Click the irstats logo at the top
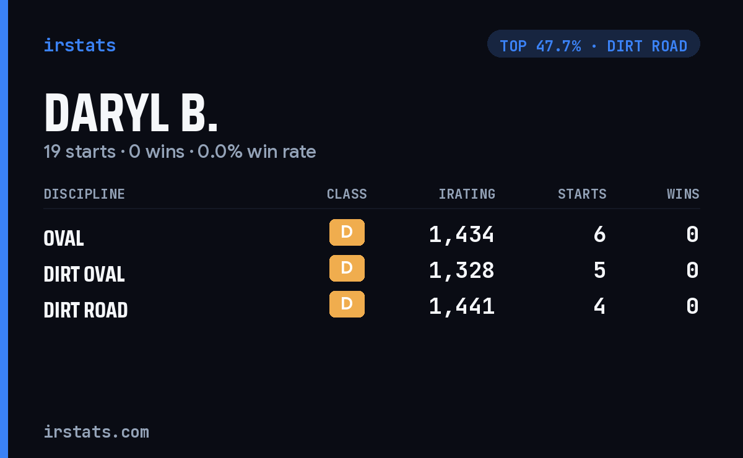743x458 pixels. (x=80, y=45)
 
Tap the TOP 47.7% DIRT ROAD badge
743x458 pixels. (x=593, y=44)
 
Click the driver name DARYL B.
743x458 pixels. (x=131, y=113)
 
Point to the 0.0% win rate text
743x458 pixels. (x=256, y=152)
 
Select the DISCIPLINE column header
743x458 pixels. (x=84, y=194)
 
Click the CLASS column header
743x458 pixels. (x=347, y=194)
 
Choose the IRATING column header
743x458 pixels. (x=467, y=194)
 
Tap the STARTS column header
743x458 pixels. (x=582, y=194)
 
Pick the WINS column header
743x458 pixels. (x=684, y=194)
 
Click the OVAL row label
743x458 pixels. (x=64, y=238)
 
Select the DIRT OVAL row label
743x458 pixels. (x=84, y=274)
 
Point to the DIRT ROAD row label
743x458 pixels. (x=85, y=309)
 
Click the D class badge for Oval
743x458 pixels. (x=347, y=232)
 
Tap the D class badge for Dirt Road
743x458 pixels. (x=347, y=304)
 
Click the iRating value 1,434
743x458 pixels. (x=462, y=235)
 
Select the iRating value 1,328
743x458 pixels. (x=462, y=270)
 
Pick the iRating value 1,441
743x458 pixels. (x=462, y=306)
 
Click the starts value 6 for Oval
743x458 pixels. (x=600, y=235)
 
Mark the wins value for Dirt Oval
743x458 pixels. (x=693, y=270)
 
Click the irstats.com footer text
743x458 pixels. (x=97, y=432)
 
